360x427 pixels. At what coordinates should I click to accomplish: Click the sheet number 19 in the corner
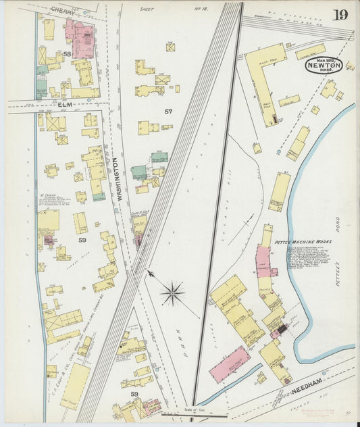click(x=340, y=15)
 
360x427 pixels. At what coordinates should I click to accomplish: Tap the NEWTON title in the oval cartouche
click(x=323, y=66)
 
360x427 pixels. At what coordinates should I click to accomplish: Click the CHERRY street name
click(x=63, y=10)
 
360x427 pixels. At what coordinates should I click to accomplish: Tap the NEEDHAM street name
click(x=310, y=387)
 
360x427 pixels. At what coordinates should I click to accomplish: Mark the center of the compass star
click(x=173, y=293)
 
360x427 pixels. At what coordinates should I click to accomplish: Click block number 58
click(x=67, y=53)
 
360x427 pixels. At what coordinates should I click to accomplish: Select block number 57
click(x=168, y=111)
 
